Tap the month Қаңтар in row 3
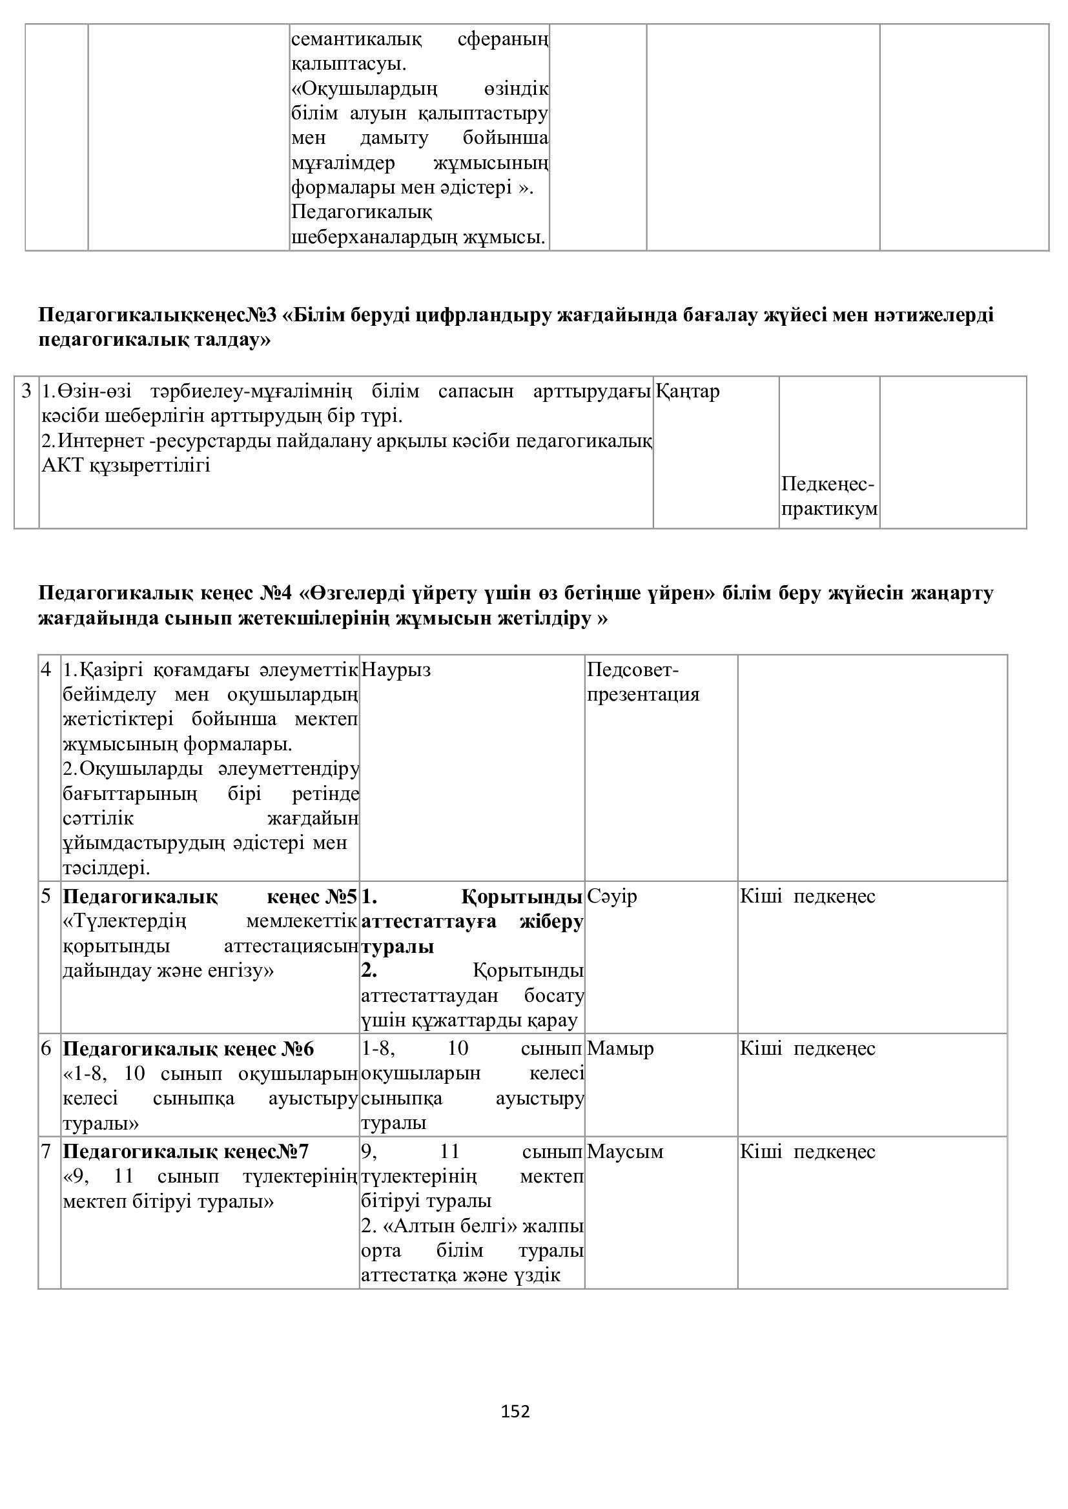tap(687, 392)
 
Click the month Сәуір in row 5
tap(611, 897)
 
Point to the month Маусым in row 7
tap(625, 1152)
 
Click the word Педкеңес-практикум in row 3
tap(829, 497)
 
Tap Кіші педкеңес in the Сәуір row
tap(808, 897)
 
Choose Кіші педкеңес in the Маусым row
tap(808, 1152)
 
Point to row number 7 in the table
tap(46, 1152)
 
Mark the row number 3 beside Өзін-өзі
tap(26, 392)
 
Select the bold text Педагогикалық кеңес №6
tap(188, 1049)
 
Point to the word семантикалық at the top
tap(356, 39)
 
